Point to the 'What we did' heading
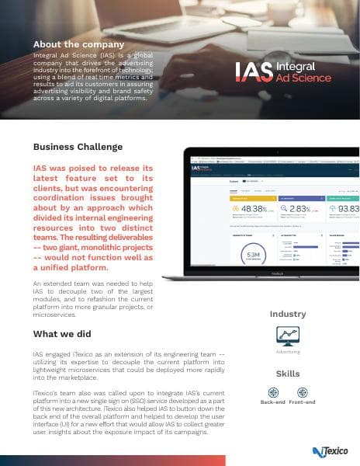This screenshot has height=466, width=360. coord(64,334)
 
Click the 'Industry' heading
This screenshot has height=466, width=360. coord(288,314)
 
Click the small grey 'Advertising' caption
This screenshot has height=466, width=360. coord(288,353)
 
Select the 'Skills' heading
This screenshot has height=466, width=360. coord(288,374)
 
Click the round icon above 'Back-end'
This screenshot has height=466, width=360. coord(272,392)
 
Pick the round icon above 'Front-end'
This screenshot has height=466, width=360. coord(303,392)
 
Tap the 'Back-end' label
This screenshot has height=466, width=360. coord(272,403)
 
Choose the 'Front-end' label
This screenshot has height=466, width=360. coord(303,403)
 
